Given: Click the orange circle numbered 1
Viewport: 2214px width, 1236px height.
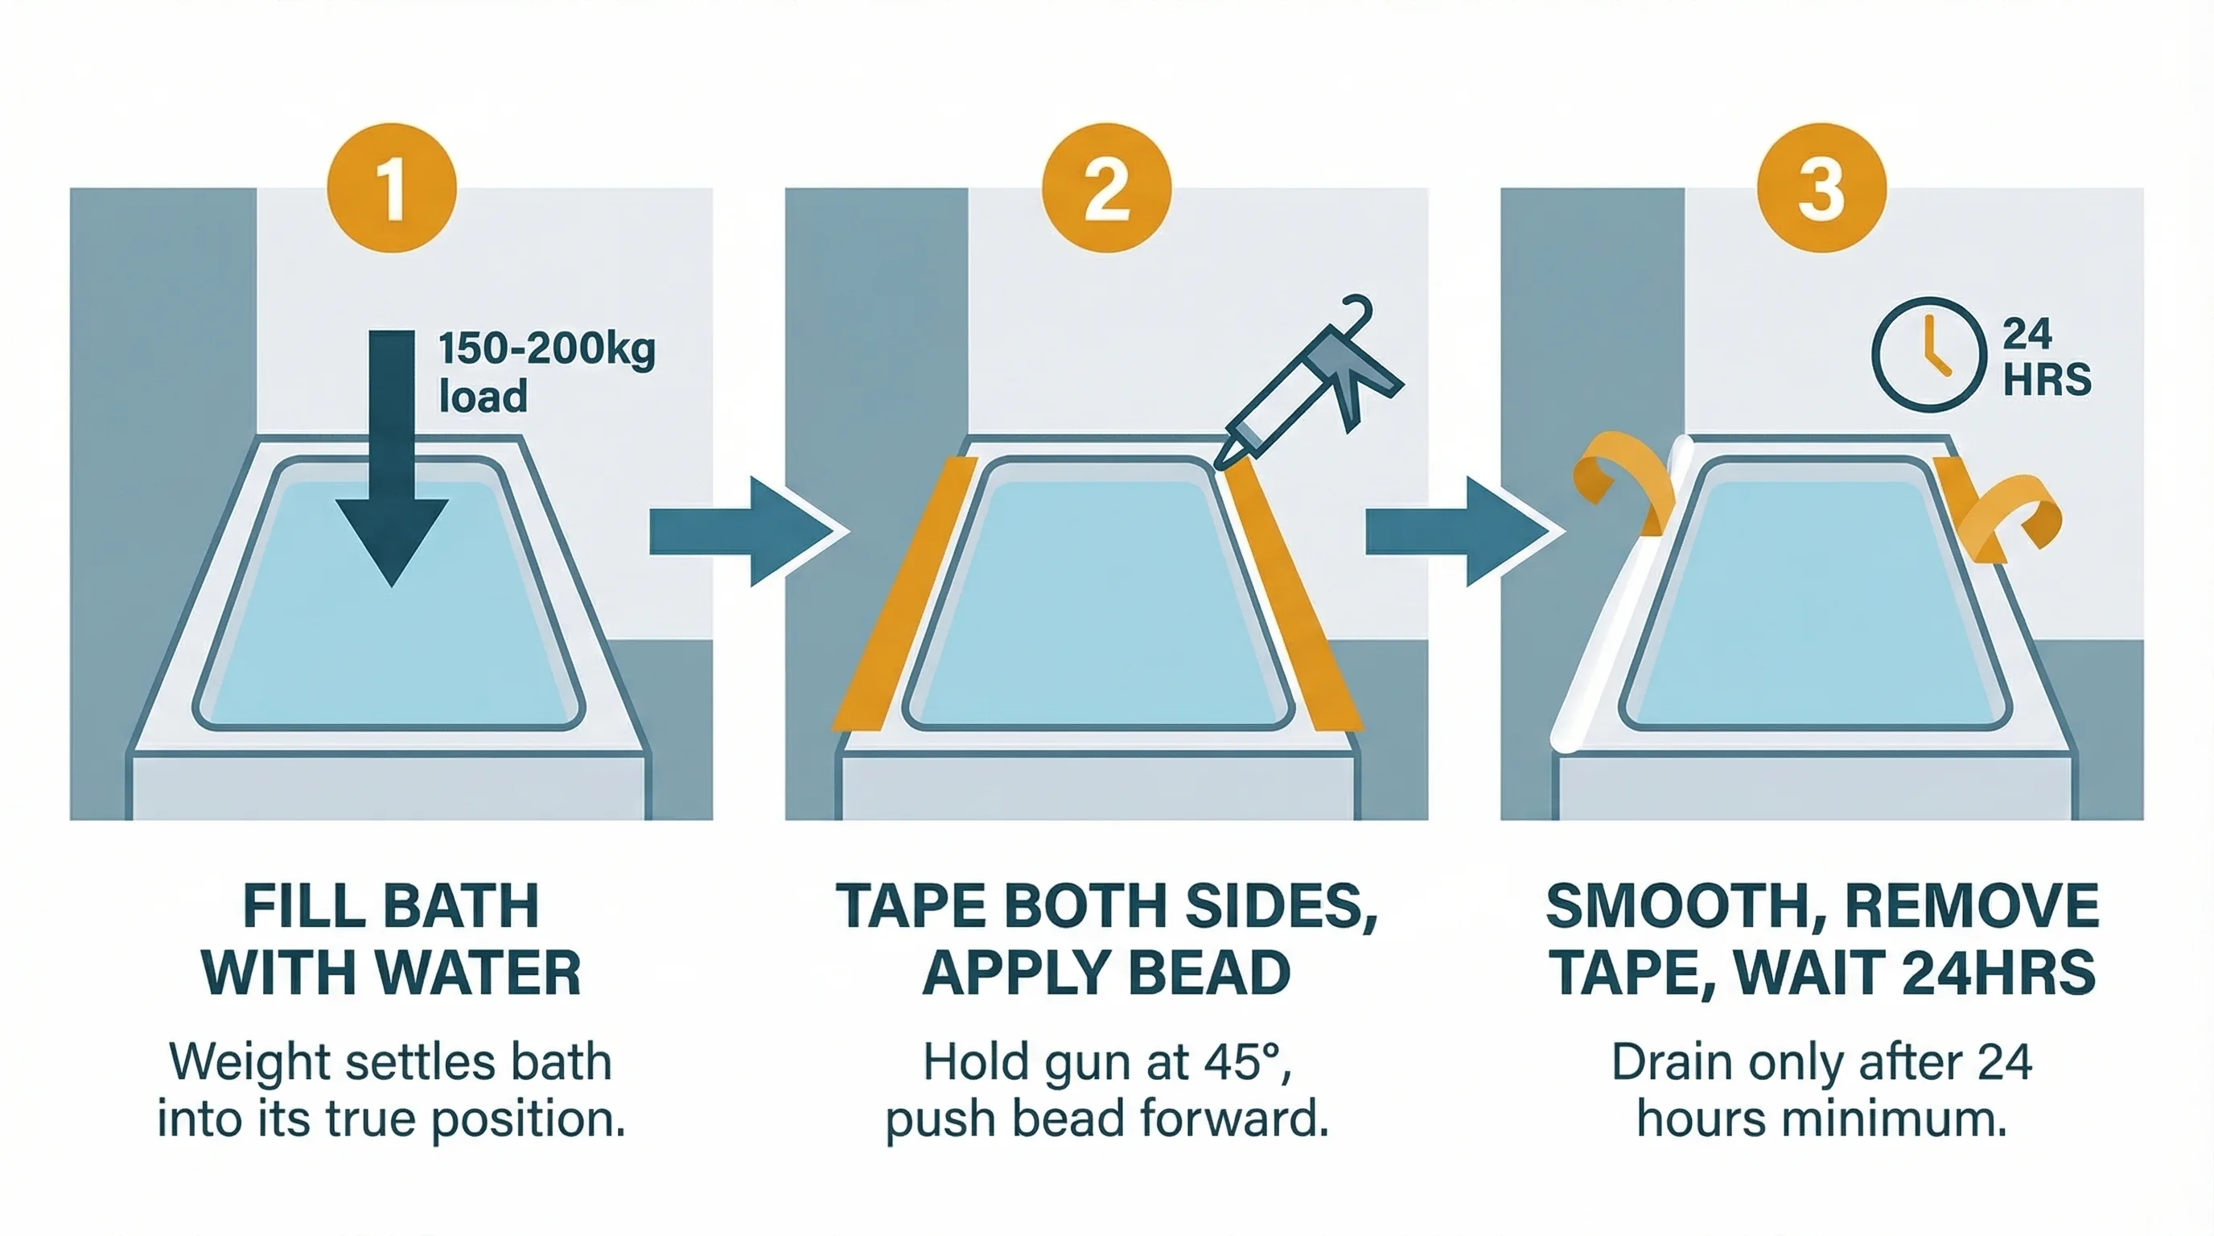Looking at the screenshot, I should click(391, 187).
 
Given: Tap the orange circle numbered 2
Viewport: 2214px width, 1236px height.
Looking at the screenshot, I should click(1106, 187).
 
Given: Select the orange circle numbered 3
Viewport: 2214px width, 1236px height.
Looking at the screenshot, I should click(1821, 187).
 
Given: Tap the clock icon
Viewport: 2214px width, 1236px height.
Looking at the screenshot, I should click(1928, 354).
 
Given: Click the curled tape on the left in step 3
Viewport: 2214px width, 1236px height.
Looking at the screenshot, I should click(1620, 486).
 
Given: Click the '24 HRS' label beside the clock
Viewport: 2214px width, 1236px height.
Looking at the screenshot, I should click(2046, 356).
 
